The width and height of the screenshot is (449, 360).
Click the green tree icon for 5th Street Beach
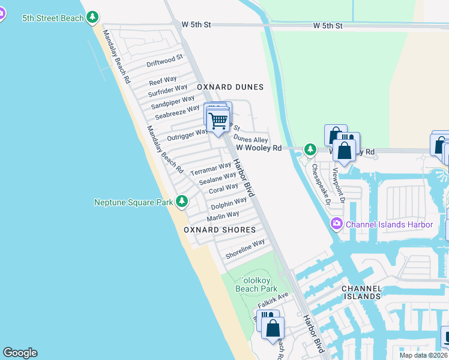pyautogui.click(x=92, y=18)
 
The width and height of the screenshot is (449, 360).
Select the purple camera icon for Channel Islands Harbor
pyautogui.click(x=336, y=224)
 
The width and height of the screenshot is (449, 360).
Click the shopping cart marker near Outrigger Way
pyautogui.click(x=218, y=120)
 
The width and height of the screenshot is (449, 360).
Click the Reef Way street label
pyautogui.click(x=163, y=80)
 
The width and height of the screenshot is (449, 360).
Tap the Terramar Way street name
pyautogui.click(x=211, y=169)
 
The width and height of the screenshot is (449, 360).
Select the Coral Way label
pyautogui.click(x=223, y=188)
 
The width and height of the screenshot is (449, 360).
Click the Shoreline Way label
pyautogui.click(x=245, y=249)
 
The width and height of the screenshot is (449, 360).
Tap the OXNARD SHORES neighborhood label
pyautogui.click(x=220, y=230)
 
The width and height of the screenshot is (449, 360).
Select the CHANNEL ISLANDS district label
pyautogui.click(x=361, y=292)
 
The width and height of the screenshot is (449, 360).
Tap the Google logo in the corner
pyautogui.click(x=20, y=353)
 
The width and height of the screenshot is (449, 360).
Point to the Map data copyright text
pyautogui.click(x=423, y=355)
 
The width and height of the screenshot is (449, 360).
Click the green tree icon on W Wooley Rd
pyautogui.click(x=310, y=149)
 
